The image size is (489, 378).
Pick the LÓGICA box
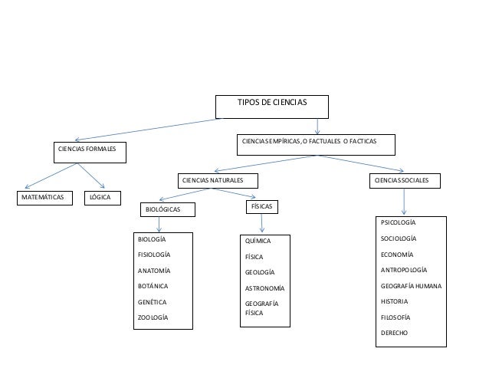(100, 198)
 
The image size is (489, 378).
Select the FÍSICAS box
(262, 207)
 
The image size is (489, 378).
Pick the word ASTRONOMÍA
(264, 288)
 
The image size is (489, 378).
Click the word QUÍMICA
(258, 241)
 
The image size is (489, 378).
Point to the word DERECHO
(394, 334)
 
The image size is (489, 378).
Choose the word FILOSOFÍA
(398, 317)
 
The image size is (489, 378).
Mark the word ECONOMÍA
(397, 255)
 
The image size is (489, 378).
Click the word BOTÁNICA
(153, 286)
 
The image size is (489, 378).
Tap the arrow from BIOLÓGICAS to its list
(159, 223)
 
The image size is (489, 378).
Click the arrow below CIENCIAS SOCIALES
(403, 202)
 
